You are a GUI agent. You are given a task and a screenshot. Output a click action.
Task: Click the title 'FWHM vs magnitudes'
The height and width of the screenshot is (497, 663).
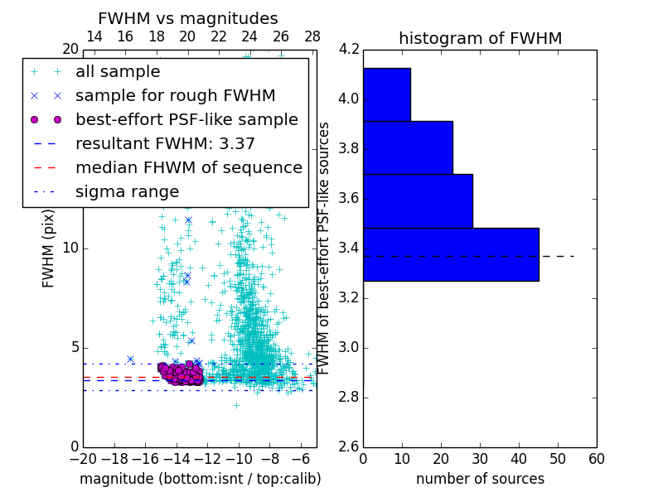(x=188, y=18)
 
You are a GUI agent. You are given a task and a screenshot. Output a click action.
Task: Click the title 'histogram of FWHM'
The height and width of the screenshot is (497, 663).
(x=480, y=38)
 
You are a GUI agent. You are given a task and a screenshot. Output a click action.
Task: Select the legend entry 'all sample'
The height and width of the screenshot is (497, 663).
(x=118, y=72)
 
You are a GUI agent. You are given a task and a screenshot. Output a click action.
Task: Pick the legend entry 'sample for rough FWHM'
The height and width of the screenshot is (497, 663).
(x=175, y=95)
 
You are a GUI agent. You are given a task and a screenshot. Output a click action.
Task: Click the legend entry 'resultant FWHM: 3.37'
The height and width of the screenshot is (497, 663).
(x=165, y=143)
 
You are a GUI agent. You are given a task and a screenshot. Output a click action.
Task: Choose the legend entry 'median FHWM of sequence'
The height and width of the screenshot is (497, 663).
(x=188, y=167)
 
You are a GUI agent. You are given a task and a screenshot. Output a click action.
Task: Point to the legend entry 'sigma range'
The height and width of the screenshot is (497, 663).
(x=127, y=191)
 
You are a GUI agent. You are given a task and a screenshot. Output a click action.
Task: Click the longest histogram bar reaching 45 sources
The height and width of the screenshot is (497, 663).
(x=451, y=254)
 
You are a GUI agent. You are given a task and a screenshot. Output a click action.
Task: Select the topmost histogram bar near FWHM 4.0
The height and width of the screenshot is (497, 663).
(x=386, y=94)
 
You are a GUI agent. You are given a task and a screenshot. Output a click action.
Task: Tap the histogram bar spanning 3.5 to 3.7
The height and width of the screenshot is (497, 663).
(x=418, y=201)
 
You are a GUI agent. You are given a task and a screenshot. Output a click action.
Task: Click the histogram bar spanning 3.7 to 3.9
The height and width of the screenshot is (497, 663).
(x=408, y=147)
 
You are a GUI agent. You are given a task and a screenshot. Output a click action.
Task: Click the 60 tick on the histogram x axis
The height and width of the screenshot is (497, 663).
(x=596, y=459)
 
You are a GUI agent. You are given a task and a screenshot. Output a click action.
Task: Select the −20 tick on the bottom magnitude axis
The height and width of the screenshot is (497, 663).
(x=83, y=459)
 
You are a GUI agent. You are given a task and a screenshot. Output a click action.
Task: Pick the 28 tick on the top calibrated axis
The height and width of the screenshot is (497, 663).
(x=312, y=36)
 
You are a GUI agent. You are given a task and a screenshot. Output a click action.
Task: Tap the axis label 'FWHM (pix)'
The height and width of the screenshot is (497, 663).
(x=49, y=248)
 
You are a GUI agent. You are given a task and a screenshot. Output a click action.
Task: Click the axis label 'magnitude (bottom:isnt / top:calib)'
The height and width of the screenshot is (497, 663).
(x=200, y=479)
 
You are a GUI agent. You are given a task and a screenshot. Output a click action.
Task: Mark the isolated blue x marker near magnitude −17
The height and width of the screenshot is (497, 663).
(x=130, y=359)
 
